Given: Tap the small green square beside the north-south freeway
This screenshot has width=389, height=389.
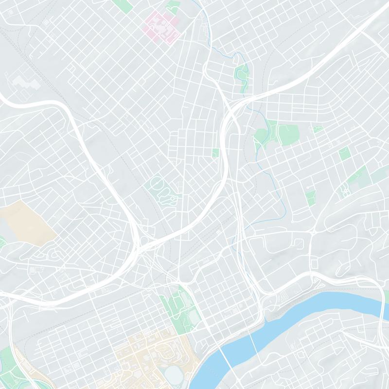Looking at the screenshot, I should point(215,153).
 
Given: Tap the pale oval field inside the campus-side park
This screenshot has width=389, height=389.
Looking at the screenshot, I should point(194,317).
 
